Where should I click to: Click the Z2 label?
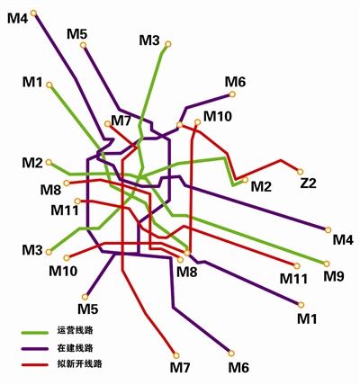coord(309,184)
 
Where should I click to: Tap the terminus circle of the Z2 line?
coord(300,172)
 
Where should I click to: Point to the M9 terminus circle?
coord(327,264)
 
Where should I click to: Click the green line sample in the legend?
coord(35,333)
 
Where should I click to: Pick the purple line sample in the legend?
coord(35,349)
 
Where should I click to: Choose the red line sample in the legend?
coord(35,365)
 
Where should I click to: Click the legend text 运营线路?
coord(75,330)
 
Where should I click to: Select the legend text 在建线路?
coord(75,348)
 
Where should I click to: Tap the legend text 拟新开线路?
coord(79,363)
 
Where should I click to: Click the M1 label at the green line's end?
coord(32,82)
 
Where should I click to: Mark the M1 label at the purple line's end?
coord(307,319)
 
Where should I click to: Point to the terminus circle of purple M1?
coord(301,305)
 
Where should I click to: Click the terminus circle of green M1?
coord(49,85)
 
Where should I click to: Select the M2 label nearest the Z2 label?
coord(261,187)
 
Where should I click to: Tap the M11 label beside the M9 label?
coord(293,279)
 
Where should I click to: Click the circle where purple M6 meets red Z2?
coord(179,124)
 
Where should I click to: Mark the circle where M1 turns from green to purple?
coord(187,253)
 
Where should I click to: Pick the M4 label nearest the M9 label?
coord(344,240)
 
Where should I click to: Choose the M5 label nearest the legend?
coord(88,309)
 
